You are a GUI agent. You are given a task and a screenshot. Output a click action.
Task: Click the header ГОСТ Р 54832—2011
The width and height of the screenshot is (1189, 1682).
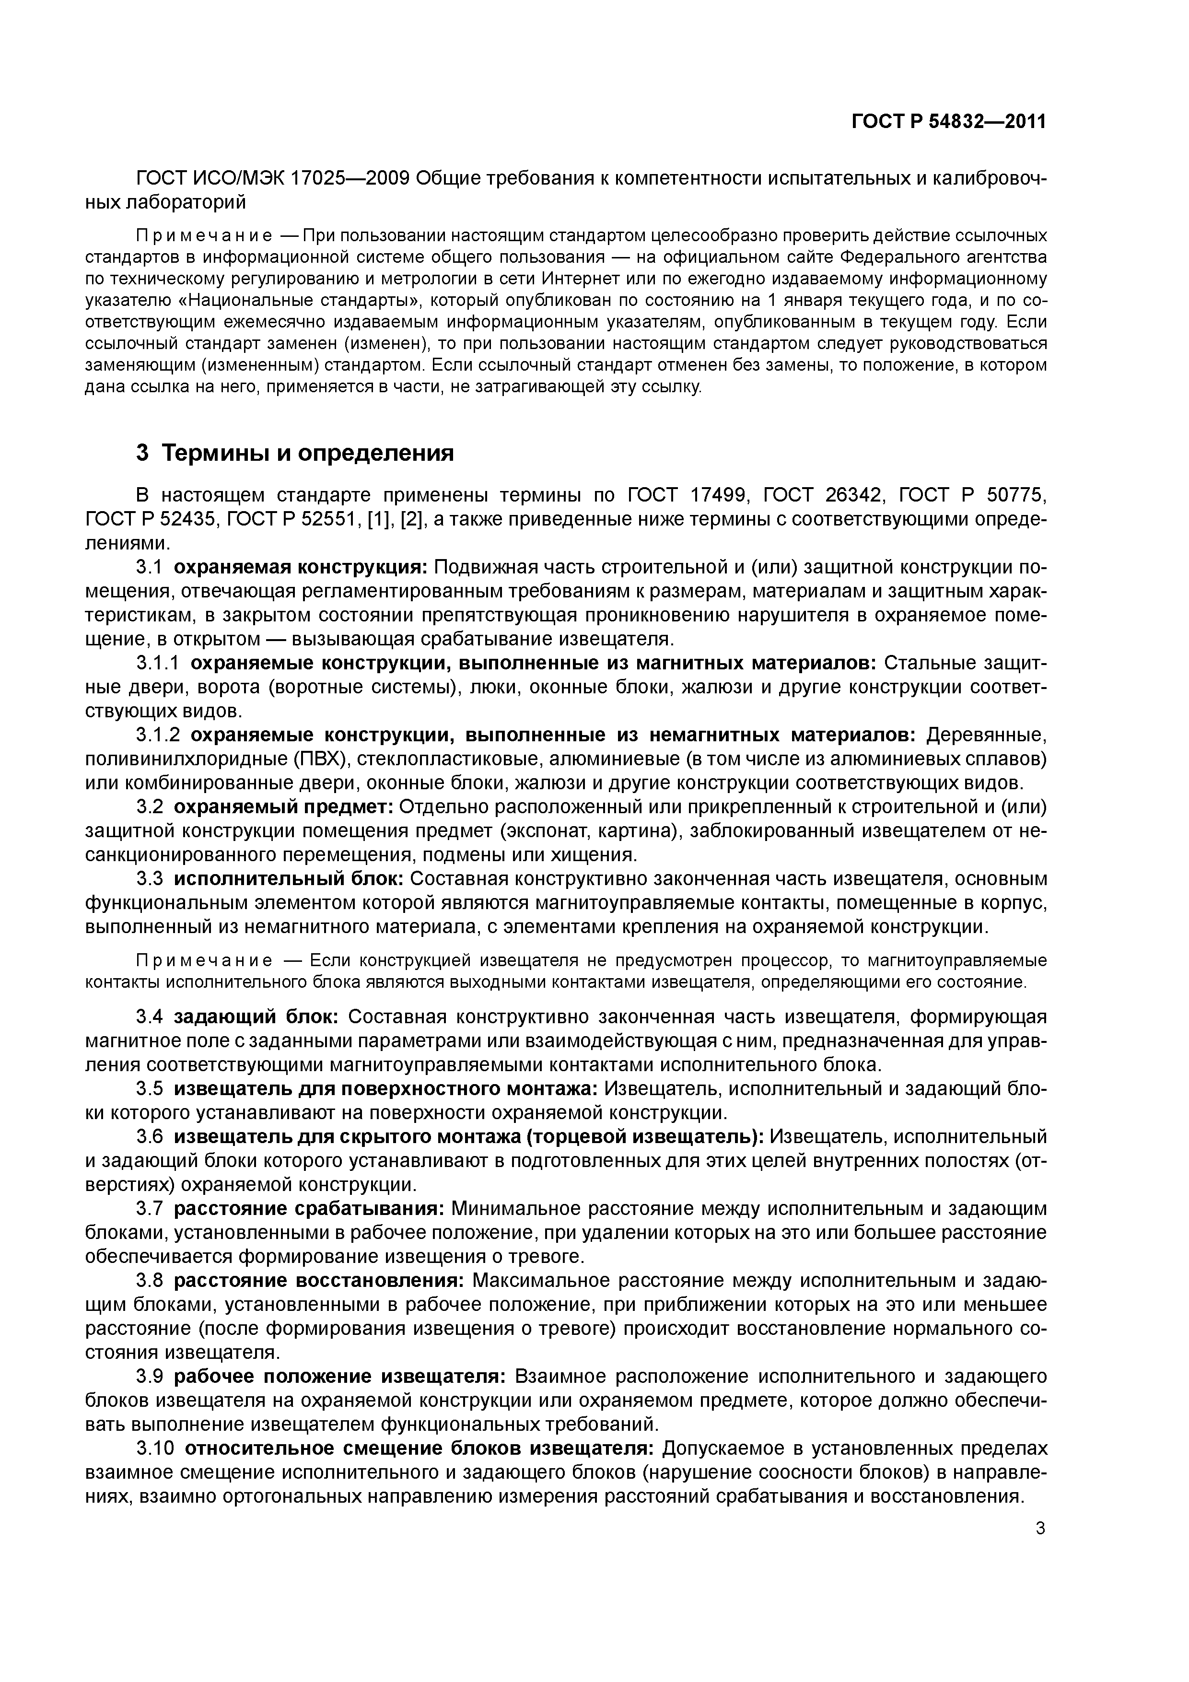coord(948,122)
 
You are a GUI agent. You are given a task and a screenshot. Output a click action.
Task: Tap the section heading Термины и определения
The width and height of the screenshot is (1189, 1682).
coord(308,454)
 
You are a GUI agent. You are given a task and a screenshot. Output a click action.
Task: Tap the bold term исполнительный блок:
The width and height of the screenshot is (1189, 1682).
coord(289,878)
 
